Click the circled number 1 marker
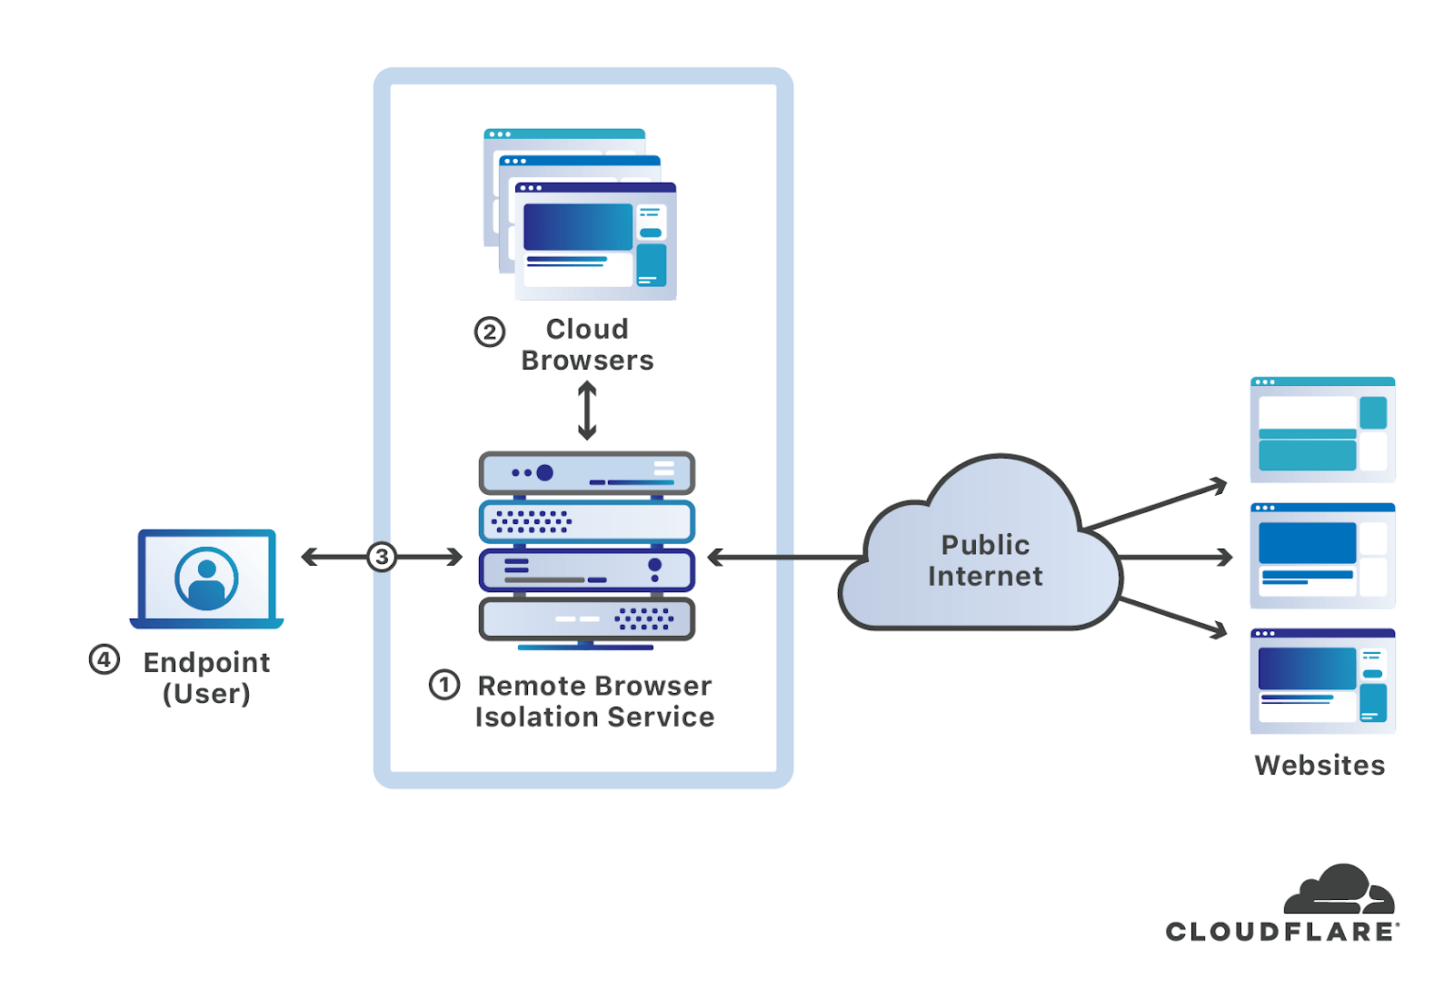(x=444, y=685)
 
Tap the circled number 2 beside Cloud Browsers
(x=490, y=331)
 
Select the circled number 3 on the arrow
(x=382, y=557)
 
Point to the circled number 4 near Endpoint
(x=105, y=659)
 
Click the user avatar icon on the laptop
(x=207, y=579)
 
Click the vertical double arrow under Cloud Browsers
(x=587, y=411)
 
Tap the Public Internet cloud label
(x=985, y=560)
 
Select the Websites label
(x=1320, y=766)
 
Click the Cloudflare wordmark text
(x=1280, y=932)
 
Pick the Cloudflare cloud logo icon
(x=1340, y=890)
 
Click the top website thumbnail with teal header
(x=1322, y=430)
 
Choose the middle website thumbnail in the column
(x=1322, y=556)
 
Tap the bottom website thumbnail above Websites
(x=1322, y=681)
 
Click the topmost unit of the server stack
(x=587, y=473)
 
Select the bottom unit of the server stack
(x=587, y=618)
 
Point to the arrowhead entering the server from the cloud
(x=715, y=557)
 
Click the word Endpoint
(x=206, y=662)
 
